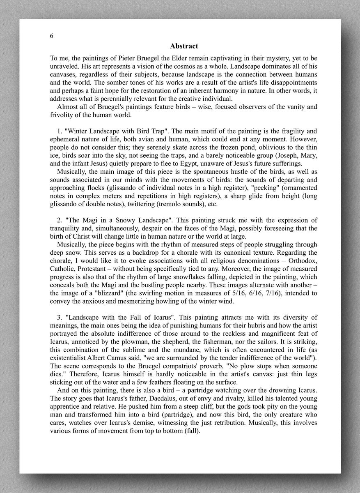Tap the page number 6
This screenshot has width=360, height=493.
point(51,36)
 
